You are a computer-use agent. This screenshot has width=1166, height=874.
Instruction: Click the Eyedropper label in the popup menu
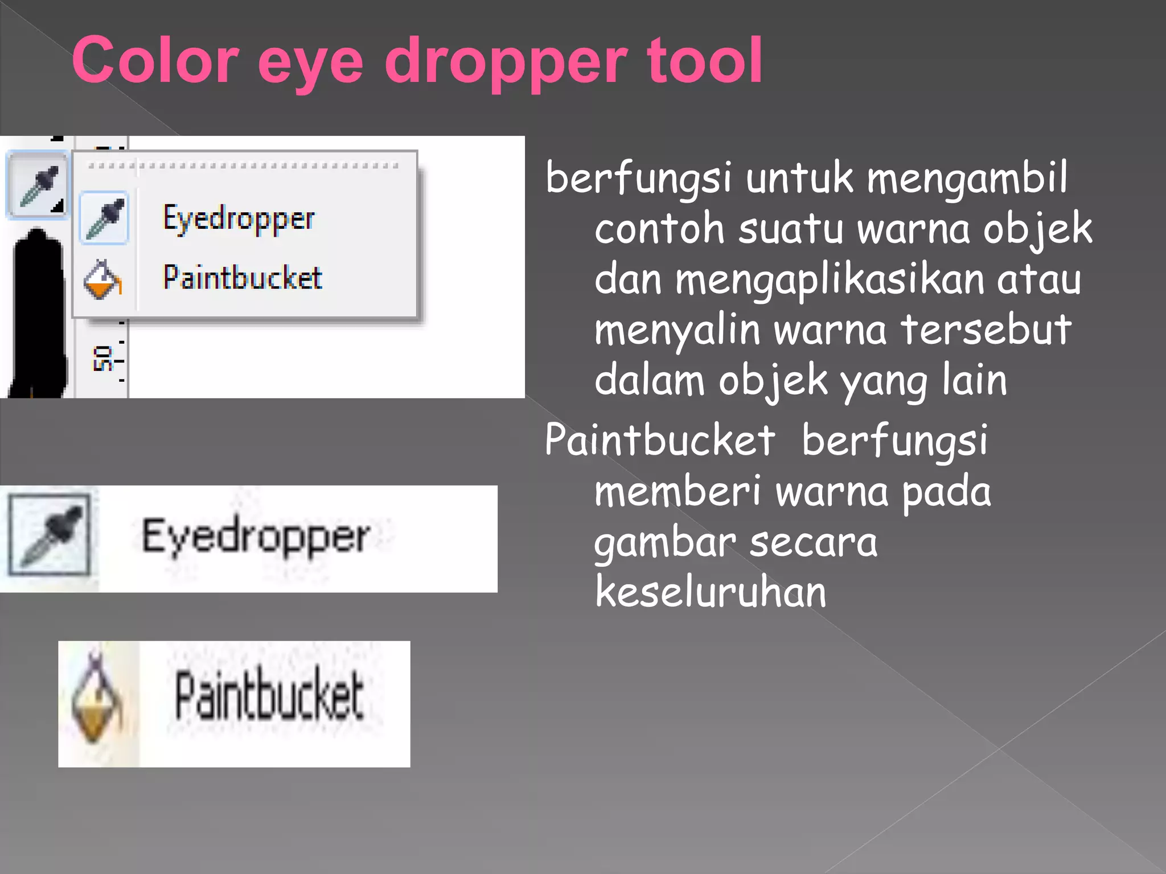click(x=239, y=219)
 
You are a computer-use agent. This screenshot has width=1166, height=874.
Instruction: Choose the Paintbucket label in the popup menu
click(x=243, y=278)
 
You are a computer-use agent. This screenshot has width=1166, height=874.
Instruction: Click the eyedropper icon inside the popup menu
click(x=105, y=218)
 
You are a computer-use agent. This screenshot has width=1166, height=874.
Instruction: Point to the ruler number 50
click(x=102, y=358)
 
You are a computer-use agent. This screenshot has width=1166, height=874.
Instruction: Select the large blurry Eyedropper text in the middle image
click(x=256, y=537)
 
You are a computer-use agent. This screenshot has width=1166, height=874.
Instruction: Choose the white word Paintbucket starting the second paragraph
click(x=659, y=440)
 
